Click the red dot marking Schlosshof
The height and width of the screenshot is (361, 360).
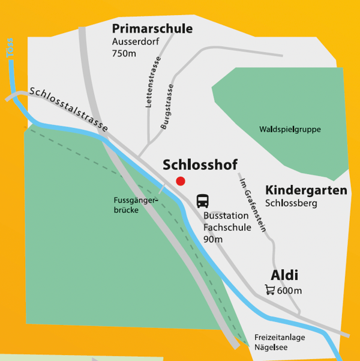click(x=181, y=181)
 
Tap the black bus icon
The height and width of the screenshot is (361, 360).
click(x=203, y=201)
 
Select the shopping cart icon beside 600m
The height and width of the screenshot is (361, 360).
click(x=270, y=290)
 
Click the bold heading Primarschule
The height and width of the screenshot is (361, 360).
click(x=152, y=29)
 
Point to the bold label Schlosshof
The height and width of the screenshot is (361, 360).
click(x=200, y=165)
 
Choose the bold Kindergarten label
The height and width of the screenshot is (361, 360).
click(x=306, y=190)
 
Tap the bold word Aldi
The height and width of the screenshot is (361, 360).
click(x=284, y=276)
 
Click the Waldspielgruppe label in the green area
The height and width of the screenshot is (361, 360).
click(x=290, y=129)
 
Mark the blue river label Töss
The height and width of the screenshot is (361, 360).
click(x=10, y=49)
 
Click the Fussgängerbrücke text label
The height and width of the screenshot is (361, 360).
click(x=136, y=205)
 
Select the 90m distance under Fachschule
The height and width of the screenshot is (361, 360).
click(x=213, y=240)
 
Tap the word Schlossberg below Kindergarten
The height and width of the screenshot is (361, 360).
click(x=291, y=203)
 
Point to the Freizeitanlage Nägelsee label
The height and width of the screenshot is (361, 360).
click(x=280, y=342)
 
